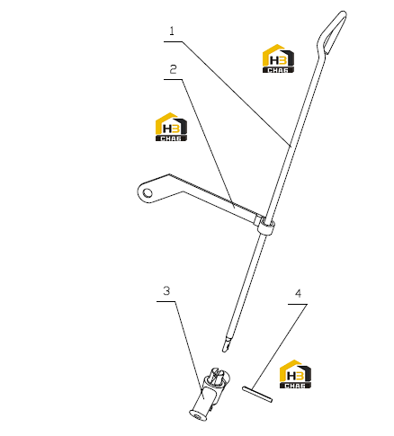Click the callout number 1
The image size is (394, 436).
pos(172,31)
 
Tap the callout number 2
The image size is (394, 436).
pos(173,69)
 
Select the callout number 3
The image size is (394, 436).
pos(166,290)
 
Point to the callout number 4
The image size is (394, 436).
pos(298,293)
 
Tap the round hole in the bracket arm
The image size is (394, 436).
pos(148,192)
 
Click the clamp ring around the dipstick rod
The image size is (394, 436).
pos(265,227)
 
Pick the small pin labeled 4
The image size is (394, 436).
pos(257,394)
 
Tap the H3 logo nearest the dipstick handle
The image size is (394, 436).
pos(278,58)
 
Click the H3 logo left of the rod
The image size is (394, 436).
pos(171,127)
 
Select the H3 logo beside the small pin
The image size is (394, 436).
pos(295,374)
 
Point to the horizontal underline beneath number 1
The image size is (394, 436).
pos(173,41)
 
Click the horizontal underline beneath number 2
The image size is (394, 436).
pos(173,79)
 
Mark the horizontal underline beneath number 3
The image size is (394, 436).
pos(166,301)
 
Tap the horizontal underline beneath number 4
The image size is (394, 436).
pos(298,305)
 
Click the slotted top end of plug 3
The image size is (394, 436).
pos(218,376)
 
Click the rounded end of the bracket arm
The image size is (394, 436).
pos(141,192)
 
